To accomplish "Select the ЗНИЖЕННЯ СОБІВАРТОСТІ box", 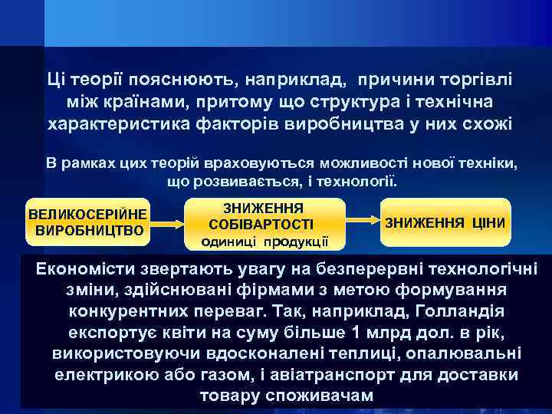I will pos(262,221).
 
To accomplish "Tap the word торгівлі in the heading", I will pos(477,79).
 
